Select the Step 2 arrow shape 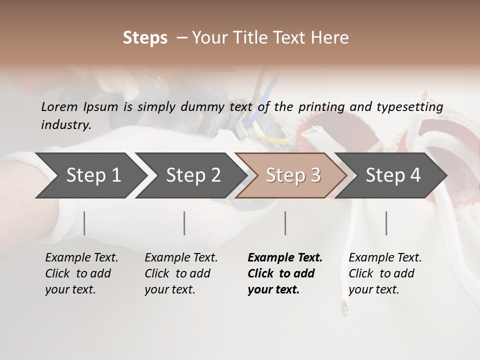192,175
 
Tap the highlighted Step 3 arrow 292,175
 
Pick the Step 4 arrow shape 392,175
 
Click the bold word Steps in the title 145,38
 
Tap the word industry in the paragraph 65,124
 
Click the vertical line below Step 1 84,223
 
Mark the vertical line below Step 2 184,223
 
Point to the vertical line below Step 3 285,223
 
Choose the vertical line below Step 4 386,223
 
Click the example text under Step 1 81,273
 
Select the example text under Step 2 181,273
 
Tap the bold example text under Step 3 285,273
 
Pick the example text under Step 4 385,273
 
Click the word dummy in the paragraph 207,106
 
